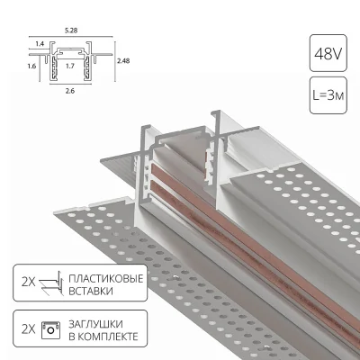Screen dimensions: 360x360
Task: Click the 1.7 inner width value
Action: click(x=67, y=66)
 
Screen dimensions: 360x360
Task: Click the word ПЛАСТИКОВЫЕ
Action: click(x=106, y=279)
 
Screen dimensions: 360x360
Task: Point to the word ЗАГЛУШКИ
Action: click(x=96, y=321)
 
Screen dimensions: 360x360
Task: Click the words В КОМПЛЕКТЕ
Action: click(x=104, y=335)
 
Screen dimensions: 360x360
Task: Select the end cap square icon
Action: click(x=52, y=328)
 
